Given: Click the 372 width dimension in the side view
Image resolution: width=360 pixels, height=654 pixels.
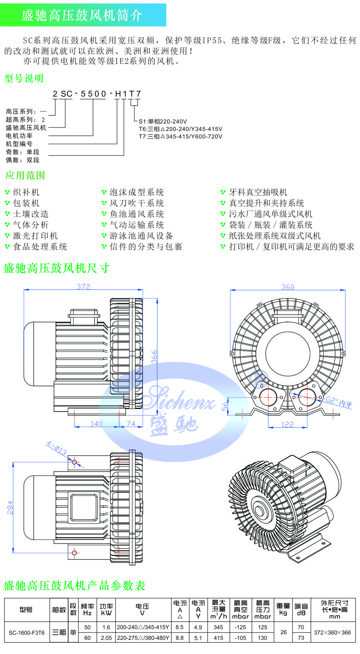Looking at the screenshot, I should pyautogui.click(x=83, y=286).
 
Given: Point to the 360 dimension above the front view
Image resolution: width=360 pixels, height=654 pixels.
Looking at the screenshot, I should pyautogui.click(x=288, y=287).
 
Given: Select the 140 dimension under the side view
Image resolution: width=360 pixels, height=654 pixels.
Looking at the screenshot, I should pyautogui.click(x=97, y=424).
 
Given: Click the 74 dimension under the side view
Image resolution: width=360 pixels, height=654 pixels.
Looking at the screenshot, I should pyautogui.click(x=131, y=424).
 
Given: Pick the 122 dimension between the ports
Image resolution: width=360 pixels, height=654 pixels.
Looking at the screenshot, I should pyautogui.click(x=287, y=424).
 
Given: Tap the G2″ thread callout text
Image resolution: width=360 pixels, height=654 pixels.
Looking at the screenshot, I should pyautogui.click(x=339, y=402).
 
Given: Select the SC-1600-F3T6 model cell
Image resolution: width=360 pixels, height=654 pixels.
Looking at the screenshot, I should pyautogui.click(x=27, y=633).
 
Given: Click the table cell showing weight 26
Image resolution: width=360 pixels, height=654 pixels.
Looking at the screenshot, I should pyautogui.click(x=283, y=632).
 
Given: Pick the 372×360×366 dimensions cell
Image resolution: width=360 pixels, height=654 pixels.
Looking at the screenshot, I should pyautogui.click(x=332, y=633).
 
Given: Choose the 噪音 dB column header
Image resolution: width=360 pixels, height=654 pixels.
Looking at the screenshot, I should pyautogui.click(x=301, y=610).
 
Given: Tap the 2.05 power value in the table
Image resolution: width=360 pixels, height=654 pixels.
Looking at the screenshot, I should pyautogui.click(x=106, y=638).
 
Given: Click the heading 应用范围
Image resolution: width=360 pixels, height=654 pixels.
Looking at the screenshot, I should pyautogui.click(x=25, y=175).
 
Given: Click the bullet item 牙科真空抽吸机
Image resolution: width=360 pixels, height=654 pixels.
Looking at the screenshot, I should pyautogui.click(x=258, y=192).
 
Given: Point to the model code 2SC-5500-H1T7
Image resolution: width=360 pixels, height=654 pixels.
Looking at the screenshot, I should pyautogui.click(x=97, y=93).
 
